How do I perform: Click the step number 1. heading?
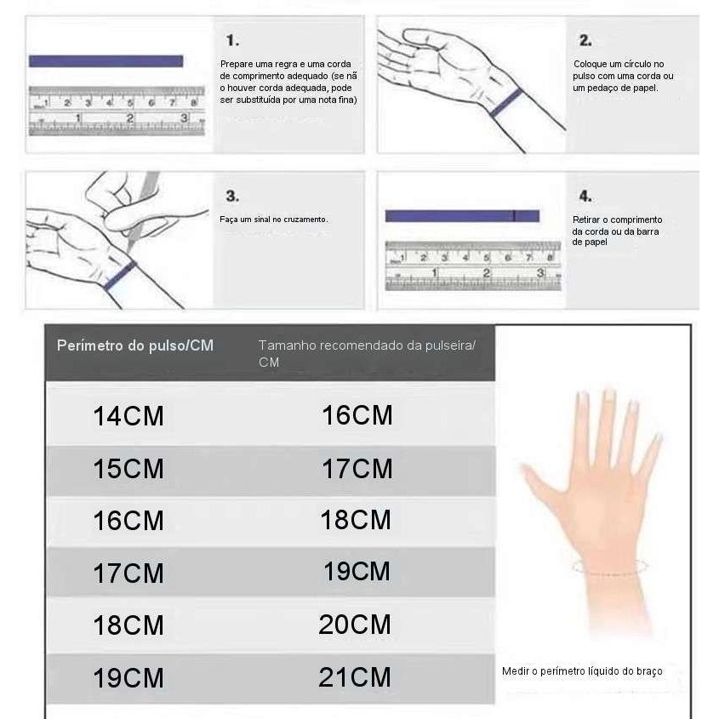(232, 41)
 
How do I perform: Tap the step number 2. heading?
(585, 41)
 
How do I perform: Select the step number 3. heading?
(232, 196)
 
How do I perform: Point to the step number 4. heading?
(585, 196)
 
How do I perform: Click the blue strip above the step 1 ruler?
(106, 61)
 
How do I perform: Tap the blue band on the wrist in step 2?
(505, 101)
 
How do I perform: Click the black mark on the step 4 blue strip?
(514, 216)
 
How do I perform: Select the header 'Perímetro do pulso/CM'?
(134, 345)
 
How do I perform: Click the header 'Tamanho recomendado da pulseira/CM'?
(366, 353)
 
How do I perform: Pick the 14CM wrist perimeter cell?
(128, 417)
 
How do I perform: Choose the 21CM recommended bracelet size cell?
(355, 677)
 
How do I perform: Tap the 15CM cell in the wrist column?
(128, 469)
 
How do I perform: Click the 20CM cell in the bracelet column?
(355, 625)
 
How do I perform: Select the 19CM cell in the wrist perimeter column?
(128, 678)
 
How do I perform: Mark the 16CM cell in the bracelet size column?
(357, 415)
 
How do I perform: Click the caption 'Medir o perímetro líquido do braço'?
(581, 671)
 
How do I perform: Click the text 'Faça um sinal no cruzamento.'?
(273, 220)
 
